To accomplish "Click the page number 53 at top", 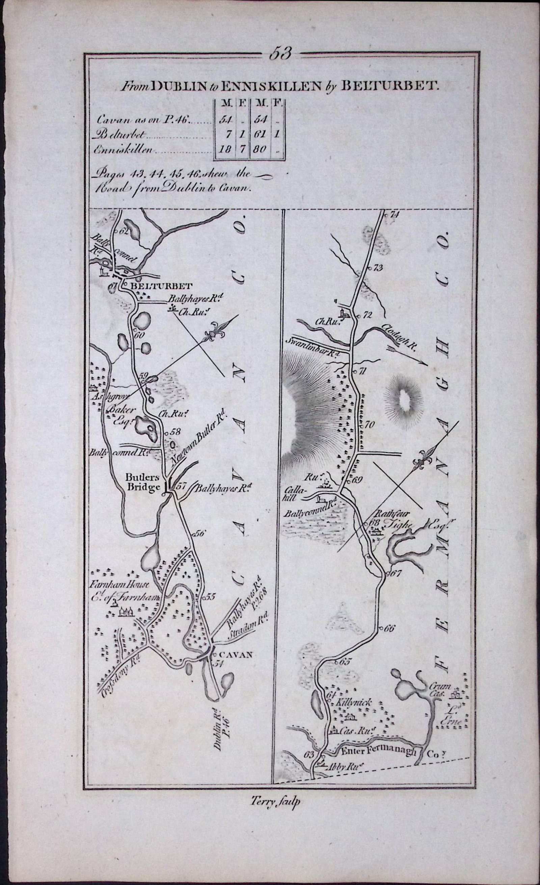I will [280, 53].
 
